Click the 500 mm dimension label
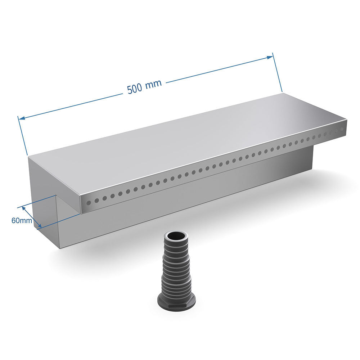[x=144, y=87]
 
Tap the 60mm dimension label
[x=22, y=220]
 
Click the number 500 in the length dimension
[x=135, y=89]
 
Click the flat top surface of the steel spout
[x=187, y=144]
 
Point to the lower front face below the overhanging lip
[x=180, y=202]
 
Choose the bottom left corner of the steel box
[x=58, y=247]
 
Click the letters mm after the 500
[x=154, y=84]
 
